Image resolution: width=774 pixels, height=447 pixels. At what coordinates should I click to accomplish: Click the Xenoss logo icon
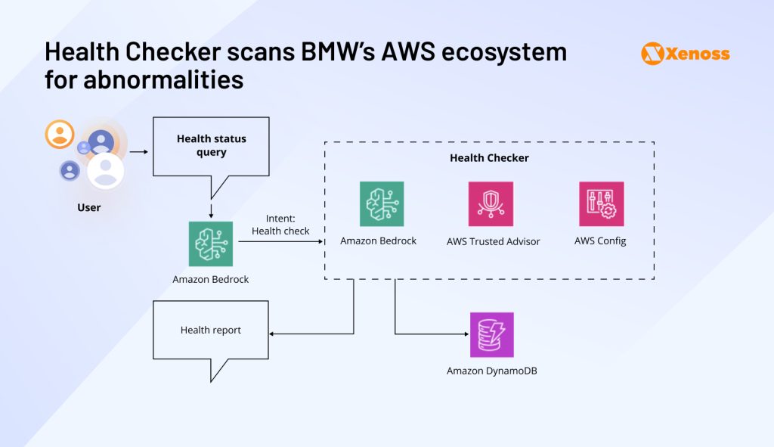[652, 54]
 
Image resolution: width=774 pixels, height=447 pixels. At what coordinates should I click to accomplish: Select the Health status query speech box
[211, 145]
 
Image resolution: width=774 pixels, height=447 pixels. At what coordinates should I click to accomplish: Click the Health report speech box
[211, 330]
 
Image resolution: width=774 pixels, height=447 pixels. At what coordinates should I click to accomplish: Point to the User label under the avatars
[88, 207]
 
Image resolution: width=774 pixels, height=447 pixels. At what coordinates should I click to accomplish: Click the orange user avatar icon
[59, 135]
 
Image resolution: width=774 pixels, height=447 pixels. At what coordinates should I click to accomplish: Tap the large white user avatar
[105, 170]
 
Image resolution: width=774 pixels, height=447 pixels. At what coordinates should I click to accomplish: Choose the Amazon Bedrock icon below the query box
[210, 244]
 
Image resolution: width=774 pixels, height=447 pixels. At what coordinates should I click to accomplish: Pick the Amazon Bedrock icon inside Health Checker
[382, 204]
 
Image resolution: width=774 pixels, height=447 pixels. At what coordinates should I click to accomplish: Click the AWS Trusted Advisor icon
[491, 204]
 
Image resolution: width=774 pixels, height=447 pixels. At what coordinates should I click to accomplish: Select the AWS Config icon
[601, 204]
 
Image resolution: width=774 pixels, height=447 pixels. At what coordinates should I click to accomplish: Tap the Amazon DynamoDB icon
[491, 334]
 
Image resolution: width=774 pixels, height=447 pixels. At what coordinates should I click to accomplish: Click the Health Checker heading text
[489, 158]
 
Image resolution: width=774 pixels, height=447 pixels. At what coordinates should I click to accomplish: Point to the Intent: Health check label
[280, 225]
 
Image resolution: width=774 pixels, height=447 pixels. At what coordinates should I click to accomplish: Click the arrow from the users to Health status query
[138, 152]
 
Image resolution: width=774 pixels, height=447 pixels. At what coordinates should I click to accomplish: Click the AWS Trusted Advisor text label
[493, 241]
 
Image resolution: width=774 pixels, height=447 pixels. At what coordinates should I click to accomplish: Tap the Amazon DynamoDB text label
[491, 371]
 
